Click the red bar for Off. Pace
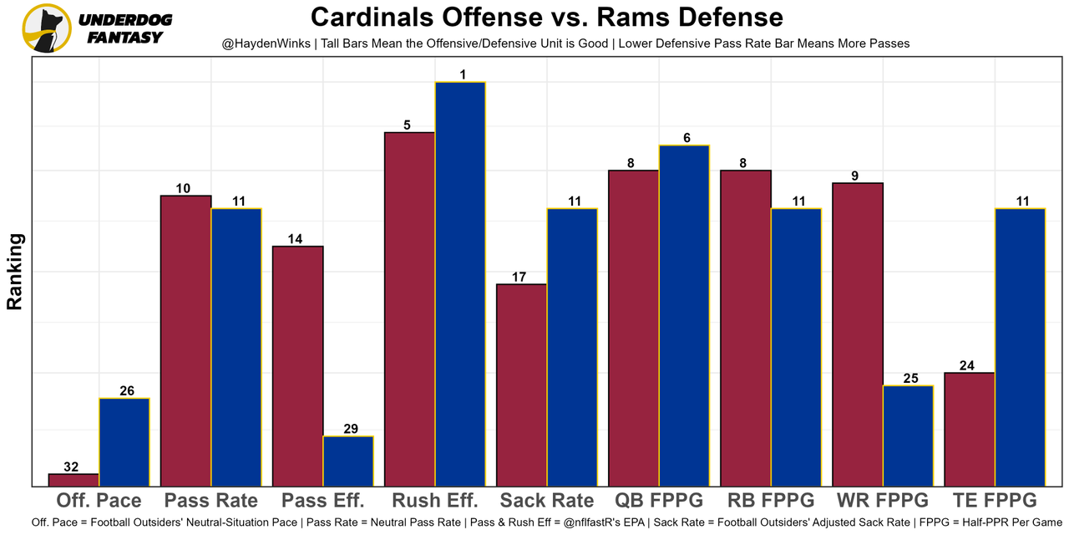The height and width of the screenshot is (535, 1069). [x=73, y=480]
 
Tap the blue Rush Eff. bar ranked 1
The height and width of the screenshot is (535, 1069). [x=460, y=284]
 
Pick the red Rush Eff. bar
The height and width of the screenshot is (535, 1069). [x=409, y=309]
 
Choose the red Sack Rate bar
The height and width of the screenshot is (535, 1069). [x=521, y=385]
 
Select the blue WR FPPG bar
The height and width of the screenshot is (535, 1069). [x=909, y=436]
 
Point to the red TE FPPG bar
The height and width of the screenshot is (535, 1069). [x=970, y=429]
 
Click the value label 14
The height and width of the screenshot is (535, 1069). [x=296, y=239]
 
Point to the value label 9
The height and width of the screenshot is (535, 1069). [x=856, y=176]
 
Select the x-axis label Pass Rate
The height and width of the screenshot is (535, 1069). [x=210, y=501]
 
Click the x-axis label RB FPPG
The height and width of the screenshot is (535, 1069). [x=771, y=501]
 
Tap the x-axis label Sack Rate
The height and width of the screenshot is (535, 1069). [x=547, y=501]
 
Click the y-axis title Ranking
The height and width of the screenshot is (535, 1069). [x=15, y=272]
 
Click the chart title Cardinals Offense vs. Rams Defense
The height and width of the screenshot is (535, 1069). [x=547, y=17]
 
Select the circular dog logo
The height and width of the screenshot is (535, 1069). [x=47, y=28]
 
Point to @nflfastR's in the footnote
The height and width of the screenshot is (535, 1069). [x=595, y=522]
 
